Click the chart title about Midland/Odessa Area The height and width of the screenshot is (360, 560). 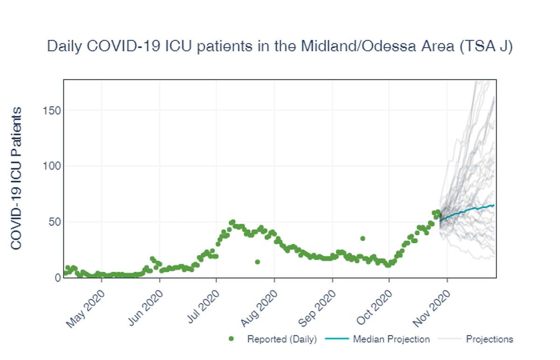[280, 47]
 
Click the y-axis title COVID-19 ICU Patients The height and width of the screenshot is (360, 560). [16, 178]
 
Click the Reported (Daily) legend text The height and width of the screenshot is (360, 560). [282, 339]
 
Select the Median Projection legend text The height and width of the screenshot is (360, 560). [391, 339]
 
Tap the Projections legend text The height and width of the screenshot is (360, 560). [489, 339]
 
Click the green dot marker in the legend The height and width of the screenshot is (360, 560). [231, 339]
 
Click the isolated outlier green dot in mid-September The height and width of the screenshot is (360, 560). [363, 239]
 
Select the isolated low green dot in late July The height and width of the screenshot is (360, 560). [258, 262]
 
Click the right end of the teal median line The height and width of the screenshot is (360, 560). [494, 205]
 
